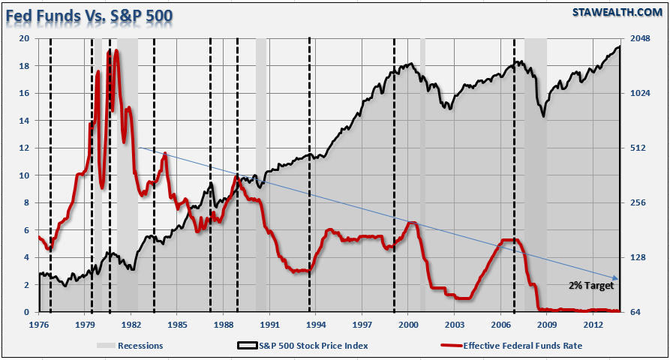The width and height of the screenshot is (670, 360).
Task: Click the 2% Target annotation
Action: (590, 286)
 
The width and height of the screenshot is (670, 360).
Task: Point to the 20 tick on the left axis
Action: (24, 38)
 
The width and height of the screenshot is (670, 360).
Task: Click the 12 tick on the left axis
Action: (24, 148)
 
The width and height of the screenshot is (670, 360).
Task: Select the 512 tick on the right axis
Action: (638, 148)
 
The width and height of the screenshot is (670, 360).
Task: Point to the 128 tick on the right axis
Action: (638, 258)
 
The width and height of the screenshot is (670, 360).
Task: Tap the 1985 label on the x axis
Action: (177, 324)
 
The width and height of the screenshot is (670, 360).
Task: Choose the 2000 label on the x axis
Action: (407, 324)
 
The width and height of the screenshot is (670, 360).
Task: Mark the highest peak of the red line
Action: (116, 51)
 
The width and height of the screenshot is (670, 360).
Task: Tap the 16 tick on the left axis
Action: (24, 93)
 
